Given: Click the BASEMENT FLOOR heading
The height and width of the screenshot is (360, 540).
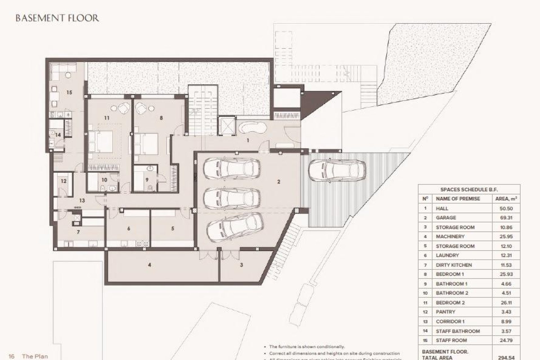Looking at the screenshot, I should coord(57,18).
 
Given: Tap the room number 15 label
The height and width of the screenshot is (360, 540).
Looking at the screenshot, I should coord(69,92).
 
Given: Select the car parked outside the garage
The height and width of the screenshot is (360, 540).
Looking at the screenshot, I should coord(337,171).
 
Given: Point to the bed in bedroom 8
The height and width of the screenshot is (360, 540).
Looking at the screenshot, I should coord(146,143).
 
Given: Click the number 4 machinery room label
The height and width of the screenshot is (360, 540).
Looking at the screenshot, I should coord(150,265).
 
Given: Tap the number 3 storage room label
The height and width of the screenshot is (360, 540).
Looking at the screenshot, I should coord(241,265).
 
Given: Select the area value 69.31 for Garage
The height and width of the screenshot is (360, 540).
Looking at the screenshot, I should coord(506,218).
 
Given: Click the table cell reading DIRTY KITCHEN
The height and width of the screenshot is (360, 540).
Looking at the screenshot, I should coord(454,265).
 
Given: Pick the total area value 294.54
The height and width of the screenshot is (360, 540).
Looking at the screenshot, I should coord(506,358).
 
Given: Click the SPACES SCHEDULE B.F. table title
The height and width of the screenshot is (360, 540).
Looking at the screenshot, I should coord(469,190).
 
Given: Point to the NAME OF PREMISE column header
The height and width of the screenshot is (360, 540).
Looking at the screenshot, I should coord(458,199).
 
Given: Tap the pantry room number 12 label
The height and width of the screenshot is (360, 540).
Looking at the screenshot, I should coord(64,181).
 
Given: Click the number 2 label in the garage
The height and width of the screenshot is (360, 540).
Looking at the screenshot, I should coord(278,182).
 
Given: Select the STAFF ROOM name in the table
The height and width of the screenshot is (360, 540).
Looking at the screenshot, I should coord(451,340).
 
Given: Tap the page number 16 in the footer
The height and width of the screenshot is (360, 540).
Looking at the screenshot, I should coord(12,356).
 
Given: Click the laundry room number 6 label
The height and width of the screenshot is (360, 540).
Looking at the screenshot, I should coord(129,229).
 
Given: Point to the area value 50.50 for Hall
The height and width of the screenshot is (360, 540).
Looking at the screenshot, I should coord(506,208).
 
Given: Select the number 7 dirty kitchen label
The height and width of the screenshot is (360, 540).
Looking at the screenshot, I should coord(78,232).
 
